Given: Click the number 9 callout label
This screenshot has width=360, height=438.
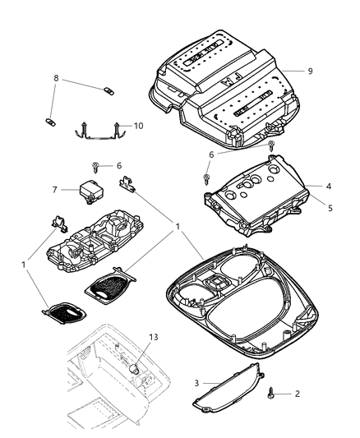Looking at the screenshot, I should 310,71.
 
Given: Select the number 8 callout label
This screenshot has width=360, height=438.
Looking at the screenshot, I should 55,79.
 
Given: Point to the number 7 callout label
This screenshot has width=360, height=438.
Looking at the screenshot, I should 55,190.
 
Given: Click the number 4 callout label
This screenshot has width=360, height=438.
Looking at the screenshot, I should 326,187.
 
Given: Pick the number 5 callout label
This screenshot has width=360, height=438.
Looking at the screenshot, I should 327,208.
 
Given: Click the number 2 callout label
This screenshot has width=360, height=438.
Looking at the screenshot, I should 298,394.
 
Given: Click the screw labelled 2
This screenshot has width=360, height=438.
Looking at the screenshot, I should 270,394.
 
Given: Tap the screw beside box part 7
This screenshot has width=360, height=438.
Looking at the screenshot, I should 96,168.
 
